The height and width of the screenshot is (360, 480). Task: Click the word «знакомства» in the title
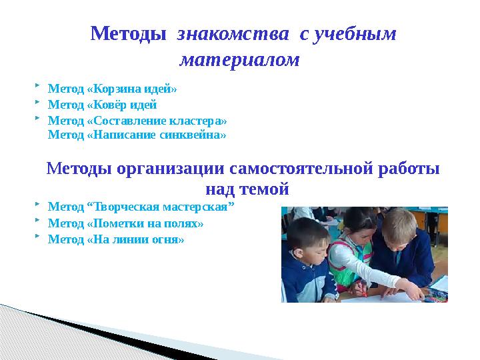[233, 34]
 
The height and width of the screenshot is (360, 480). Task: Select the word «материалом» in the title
[239, 60]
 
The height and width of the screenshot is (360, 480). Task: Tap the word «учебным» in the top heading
[356, 35]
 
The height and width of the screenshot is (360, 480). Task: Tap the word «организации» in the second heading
[171, 169]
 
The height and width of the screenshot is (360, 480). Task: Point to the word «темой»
[264, 189]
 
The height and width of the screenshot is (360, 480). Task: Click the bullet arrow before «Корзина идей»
[37, 85]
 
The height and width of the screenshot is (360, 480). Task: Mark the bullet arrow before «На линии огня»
[37, 236]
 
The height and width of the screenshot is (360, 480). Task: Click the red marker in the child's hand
[364, 291]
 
